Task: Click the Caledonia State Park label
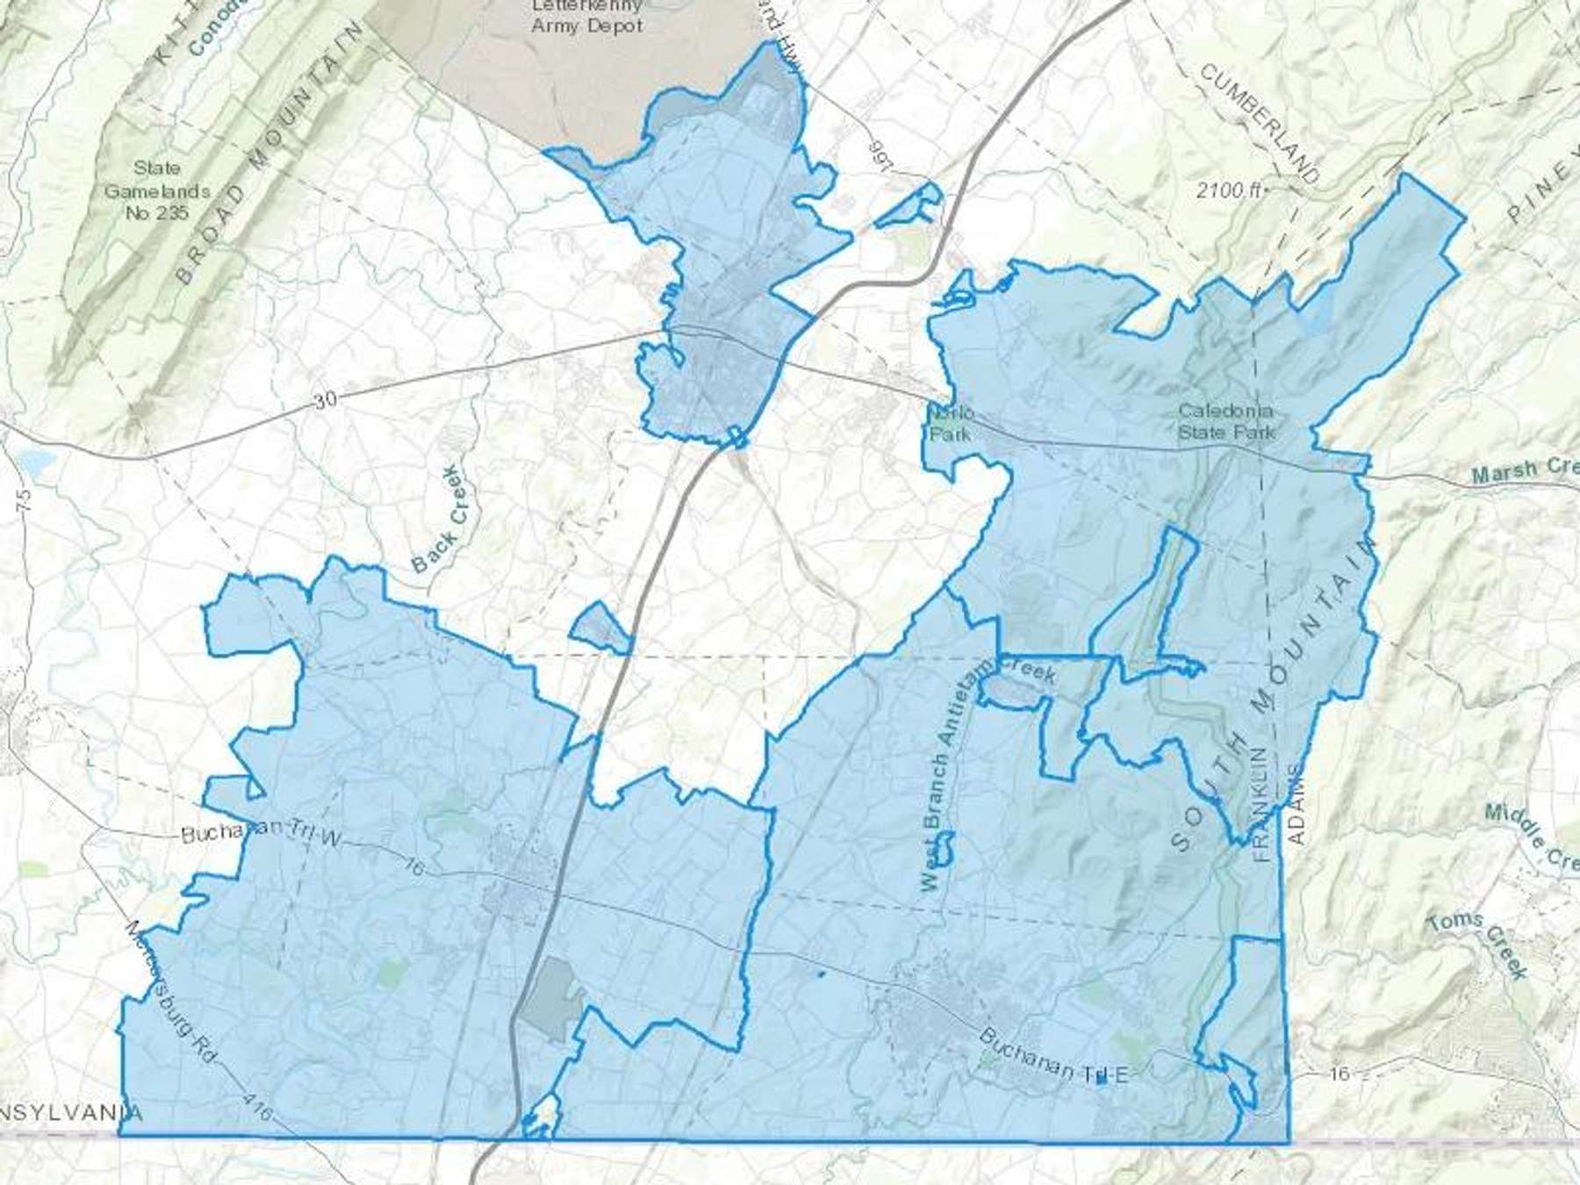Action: (1225, 421)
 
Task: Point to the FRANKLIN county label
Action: (1261, 804)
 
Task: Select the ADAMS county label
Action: (1296, 804)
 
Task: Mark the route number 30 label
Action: (325, 400)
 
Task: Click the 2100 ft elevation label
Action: (1225, 190)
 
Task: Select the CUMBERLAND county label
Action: (1260, 123)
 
